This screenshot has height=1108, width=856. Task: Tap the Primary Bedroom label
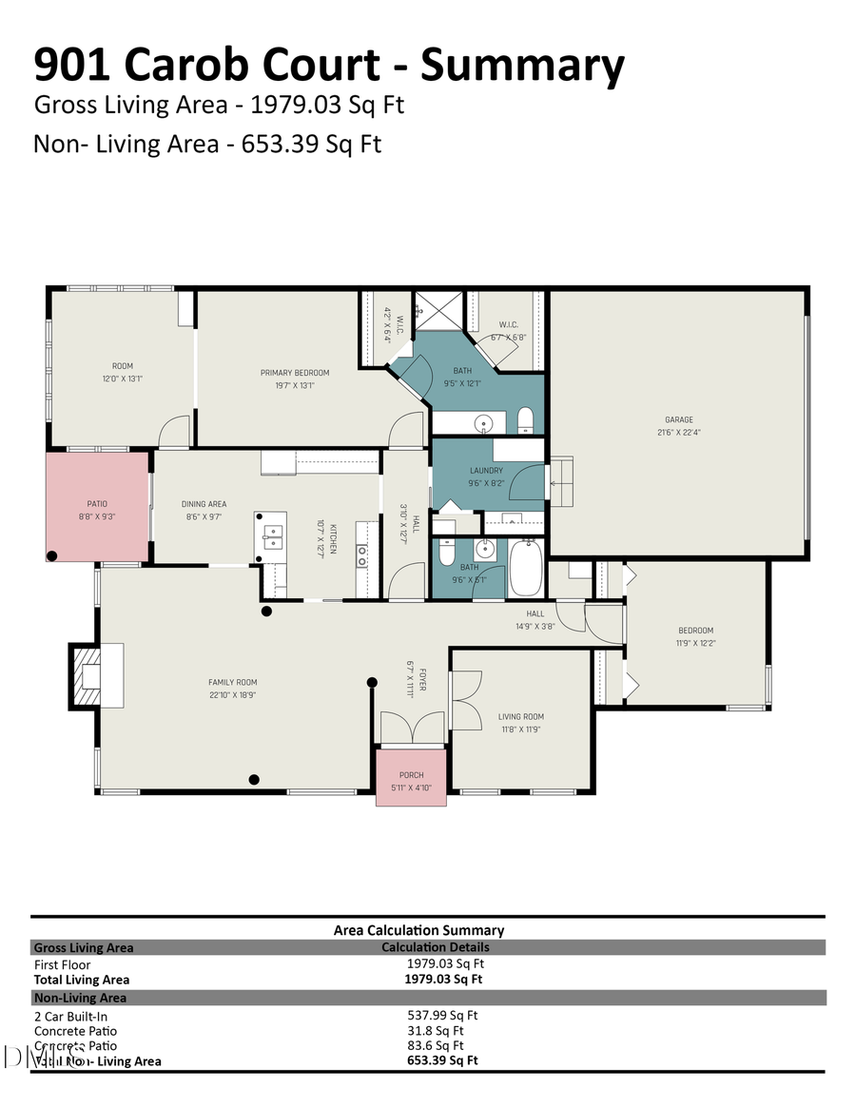pos(295,372)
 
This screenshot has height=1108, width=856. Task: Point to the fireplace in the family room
pos(96,675)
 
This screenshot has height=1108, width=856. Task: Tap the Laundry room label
pos(486,471)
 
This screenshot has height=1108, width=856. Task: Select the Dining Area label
pos(204,504)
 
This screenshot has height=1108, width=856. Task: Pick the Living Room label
pos(520,717)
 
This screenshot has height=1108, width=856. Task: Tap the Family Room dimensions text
pos(233,694)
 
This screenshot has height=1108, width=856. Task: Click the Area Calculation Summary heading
pos(418,930)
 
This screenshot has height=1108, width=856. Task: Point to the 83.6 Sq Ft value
pos(435,1045)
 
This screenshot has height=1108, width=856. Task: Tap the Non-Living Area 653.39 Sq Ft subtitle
pos(207,144)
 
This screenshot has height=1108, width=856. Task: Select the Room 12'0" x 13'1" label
pos(122,372)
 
